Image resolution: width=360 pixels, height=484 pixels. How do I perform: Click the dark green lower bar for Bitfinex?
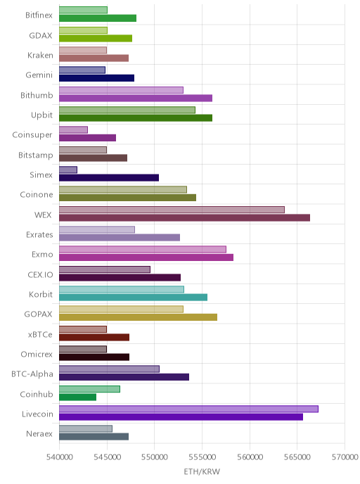tap(98, 18)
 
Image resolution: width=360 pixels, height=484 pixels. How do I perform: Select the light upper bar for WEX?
tap(172, 210)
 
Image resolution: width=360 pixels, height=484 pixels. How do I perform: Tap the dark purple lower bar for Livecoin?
tap(181, 417)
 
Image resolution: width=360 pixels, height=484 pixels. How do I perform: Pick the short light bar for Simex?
tap(68, 170)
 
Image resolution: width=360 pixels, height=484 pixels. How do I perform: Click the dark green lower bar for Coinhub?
tap(78, 397)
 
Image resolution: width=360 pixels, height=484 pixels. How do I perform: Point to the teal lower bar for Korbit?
tap(134, 298)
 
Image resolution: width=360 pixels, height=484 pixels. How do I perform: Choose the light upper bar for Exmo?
tap(143, 250)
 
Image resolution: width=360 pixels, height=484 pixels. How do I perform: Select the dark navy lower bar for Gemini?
tap(96, 78)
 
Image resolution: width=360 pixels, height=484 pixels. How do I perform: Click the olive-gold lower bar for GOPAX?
tap(139, 317)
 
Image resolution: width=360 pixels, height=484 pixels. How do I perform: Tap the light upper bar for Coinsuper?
tap(73, 130)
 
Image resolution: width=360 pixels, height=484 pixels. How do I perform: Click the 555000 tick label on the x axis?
tap(202, 457)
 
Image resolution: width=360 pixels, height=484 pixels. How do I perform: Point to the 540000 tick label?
tap(60, 457)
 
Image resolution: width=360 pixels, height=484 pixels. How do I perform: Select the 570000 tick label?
tap(345, 457)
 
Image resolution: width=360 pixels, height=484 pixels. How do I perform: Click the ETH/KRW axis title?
tap(202, 471)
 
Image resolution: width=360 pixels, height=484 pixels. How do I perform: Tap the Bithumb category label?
tap(37, 95)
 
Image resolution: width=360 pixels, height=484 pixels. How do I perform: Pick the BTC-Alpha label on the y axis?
tap(32, 374)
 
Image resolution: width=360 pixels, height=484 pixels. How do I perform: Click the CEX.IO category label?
tap(40, 274)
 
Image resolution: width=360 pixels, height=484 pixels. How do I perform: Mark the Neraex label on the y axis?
tap(39, 433)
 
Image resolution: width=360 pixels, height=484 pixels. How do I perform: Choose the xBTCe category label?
tap(40, 334)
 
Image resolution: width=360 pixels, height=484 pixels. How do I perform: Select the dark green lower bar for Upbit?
tap(136, 118)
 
